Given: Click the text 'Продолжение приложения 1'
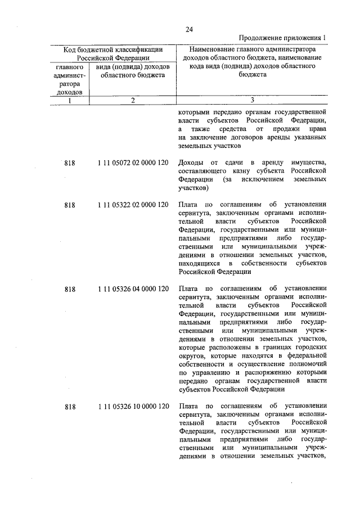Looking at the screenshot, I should [282, 38].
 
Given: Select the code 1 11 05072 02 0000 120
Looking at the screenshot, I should [132, 163].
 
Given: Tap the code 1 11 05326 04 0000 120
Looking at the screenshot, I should [132, 289].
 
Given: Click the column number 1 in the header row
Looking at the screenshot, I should [69, 101].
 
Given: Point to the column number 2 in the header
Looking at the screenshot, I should [132, 101].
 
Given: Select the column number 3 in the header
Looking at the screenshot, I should [252, 101].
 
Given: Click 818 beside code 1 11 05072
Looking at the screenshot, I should [70, 163].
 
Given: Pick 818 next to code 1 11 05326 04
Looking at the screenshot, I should [70, 289].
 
